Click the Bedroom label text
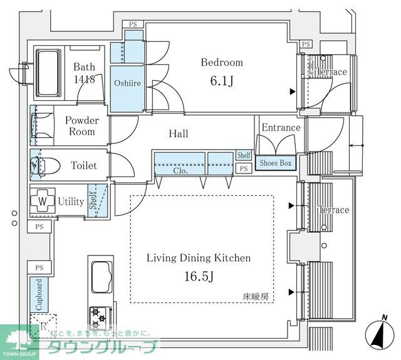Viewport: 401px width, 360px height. pos(221,63)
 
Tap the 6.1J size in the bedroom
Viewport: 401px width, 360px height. pos(221,81)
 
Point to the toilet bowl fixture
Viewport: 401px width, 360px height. pos(46,165)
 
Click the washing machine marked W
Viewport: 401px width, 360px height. pos(42,202)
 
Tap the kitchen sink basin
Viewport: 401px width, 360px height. pos(101,274)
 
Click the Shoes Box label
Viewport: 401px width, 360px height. pos(276,163)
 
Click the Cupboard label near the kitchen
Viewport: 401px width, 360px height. pos(39,293)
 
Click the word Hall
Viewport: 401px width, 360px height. pos(179,133)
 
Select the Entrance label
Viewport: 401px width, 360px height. pos(281,128)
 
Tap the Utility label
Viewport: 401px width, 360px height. pos(71,202)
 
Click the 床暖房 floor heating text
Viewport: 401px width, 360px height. pos(257,297)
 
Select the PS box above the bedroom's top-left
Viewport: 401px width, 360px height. pos(133,24)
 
